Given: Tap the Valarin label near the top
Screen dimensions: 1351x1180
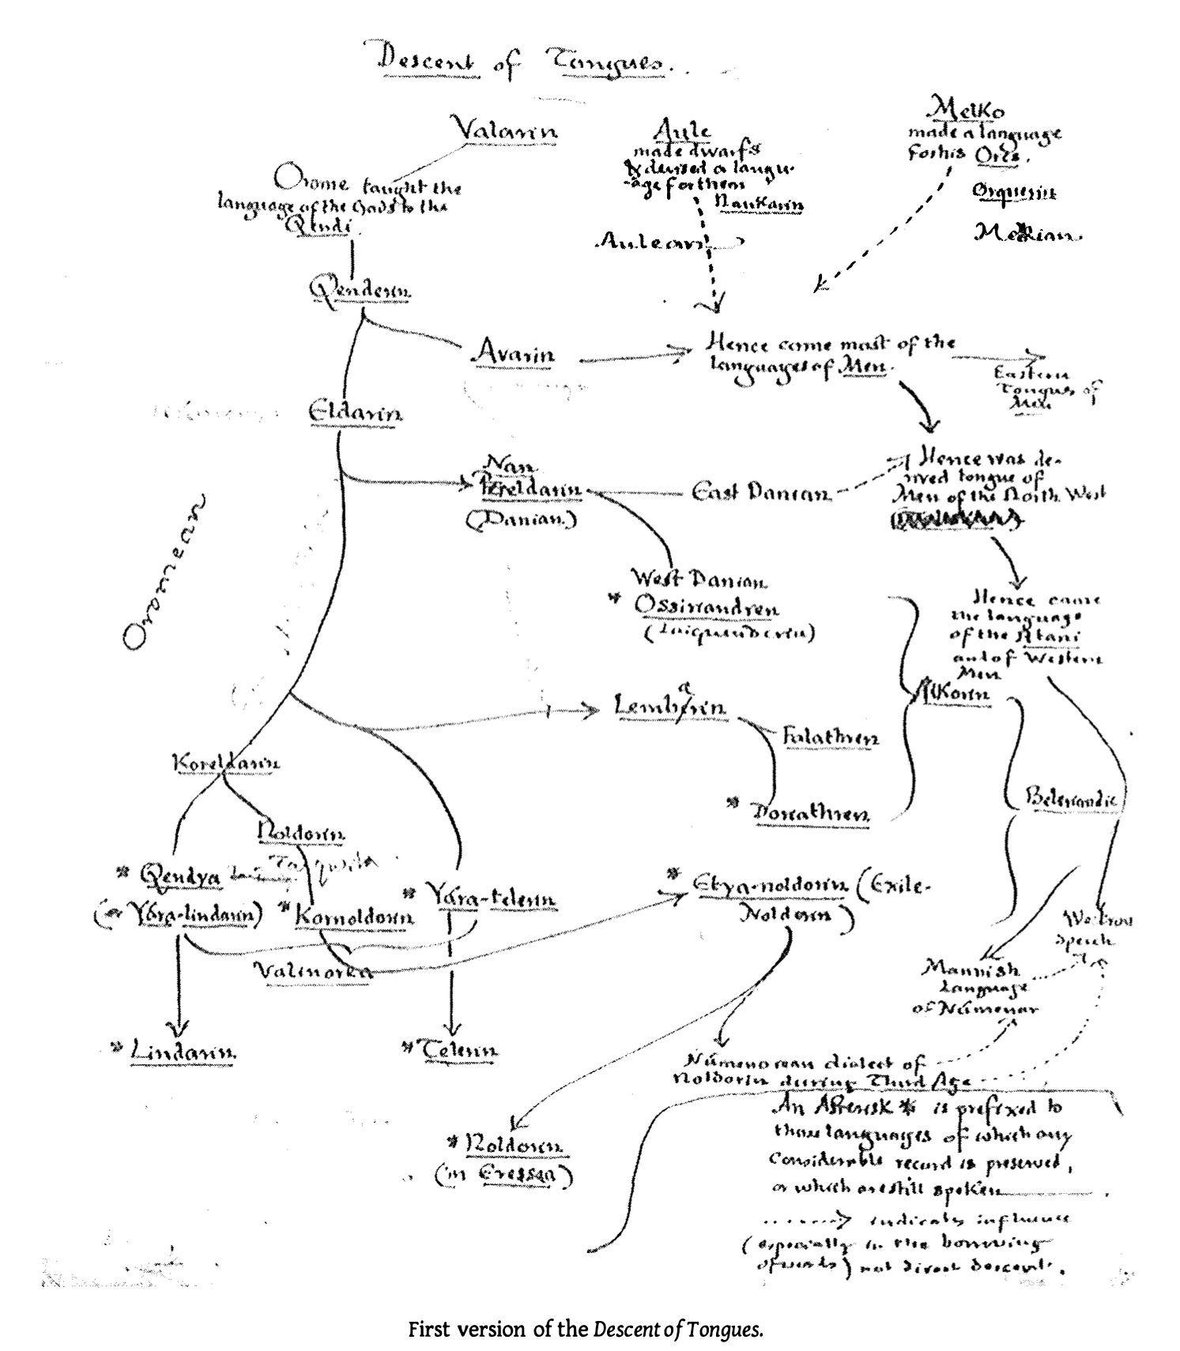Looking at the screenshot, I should click(x=503, y=128).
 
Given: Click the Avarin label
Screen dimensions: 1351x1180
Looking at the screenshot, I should click(x=514, y=352).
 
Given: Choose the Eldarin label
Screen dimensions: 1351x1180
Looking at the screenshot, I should click(x=355, y=412).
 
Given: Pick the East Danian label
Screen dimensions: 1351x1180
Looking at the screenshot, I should click(x=761, y=493).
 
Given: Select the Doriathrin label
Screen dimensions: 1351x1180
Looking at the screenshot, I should click(x=810, y=814).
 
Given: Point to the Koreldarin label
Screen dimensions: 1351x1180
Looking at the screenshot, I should click(x=226, y=762).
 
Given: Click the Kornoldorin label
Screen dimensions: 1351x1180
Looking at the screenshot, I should click(x=354, y=917).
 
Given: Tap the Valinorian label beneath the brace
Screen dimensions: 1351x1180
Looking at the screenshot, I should click(x=313, y=971).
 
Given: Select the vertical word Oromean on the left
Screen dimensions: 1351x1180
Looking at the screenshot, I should click(x=162, y=573).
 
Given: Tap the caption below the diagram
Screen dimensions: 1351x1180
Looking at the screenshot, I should click(x=586, y=1330).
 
